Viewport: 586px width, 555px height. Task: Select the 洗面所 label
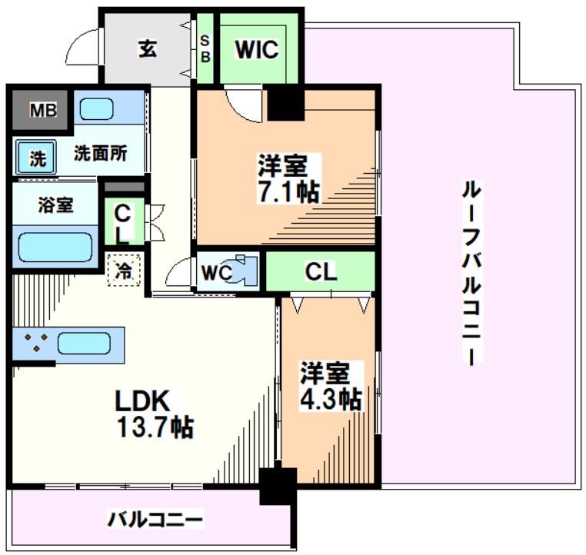click(x=100, y=152)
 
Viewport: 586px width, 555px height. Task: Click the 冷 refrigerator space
click(x=124, y=271)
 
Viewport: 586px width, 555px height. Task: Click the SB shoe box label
click(x=205, y=48)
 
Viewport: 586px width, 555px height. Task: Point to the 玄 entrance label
click(x=148, y=48)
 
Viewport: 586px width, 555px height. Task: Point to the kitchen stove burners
click(x=35, y=343)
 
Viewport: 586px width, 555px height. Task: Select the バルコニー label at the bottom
click(x=155, y=520)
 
